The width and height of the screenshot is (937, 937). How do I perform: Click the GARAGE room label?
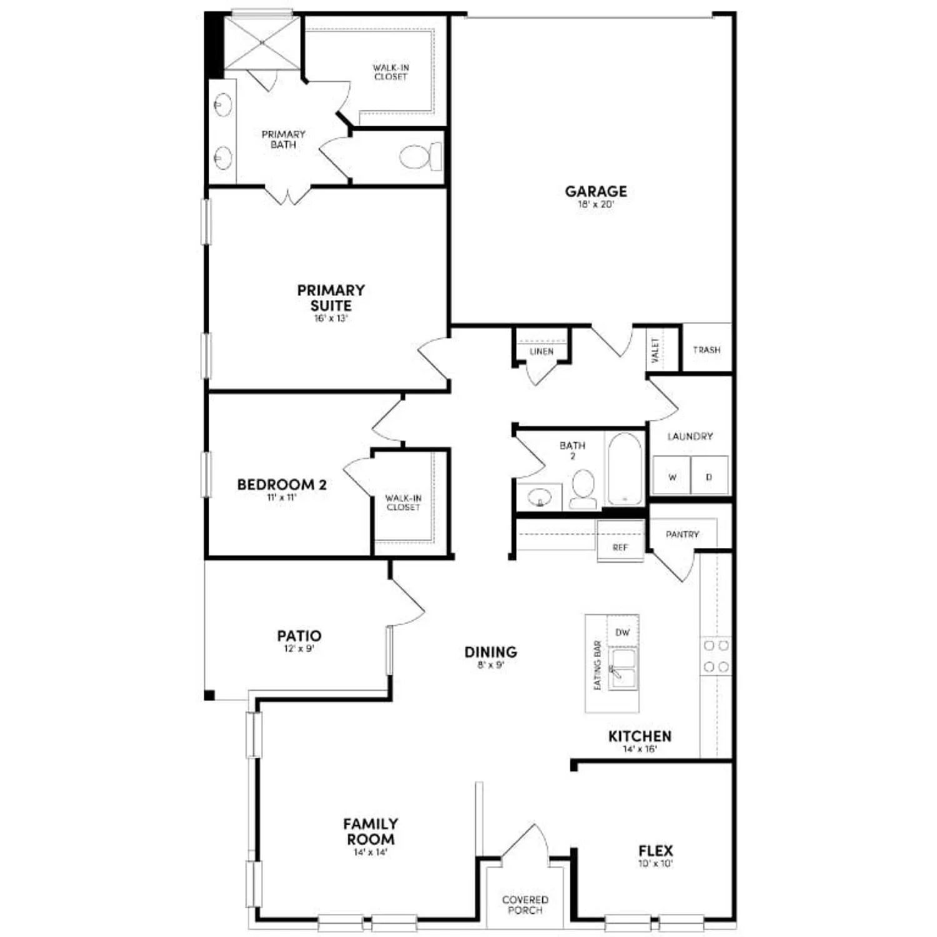tap(596, 191)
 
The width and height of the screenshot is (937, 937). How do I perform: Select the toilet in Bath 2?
tap(583, 488)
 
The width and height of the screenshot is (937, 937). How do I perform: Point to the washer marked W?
tap(672, 476)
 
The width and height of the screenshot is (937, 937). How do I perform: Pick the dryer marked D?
tap(709, 476)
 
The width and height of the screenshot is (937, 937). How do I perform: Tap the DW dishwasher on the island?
tap(623, 632)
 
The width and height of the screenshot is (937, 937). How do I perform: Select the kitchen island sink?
tap(623, 668)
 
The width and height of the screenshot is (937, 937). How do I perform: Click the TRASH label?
tap(706, 350)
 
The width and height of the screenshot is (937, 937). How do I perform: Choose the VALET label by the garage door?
tap(655, 350)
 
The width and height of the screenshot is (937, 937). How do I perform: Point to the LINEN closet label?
tap(541, 352)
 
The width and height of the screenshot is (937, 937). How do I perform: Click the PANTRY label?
tap(682, 534)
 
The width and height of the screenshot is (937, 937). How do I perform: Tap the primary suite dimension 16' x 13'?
tap(330, 319)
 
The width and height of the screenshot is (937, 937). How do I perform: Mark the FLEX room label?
tap(656, 850)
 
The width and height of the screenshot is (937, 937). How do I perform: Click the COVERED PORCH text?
tap(525, 905)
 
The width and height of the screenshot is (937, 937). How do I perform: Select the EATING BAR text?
tap(597, 665)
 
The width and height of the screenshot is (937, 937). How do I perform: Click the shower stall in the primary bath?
tap(263, 43)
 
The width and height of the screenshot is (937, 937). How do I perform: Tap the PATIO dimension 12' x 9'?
tap(299, 649)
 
